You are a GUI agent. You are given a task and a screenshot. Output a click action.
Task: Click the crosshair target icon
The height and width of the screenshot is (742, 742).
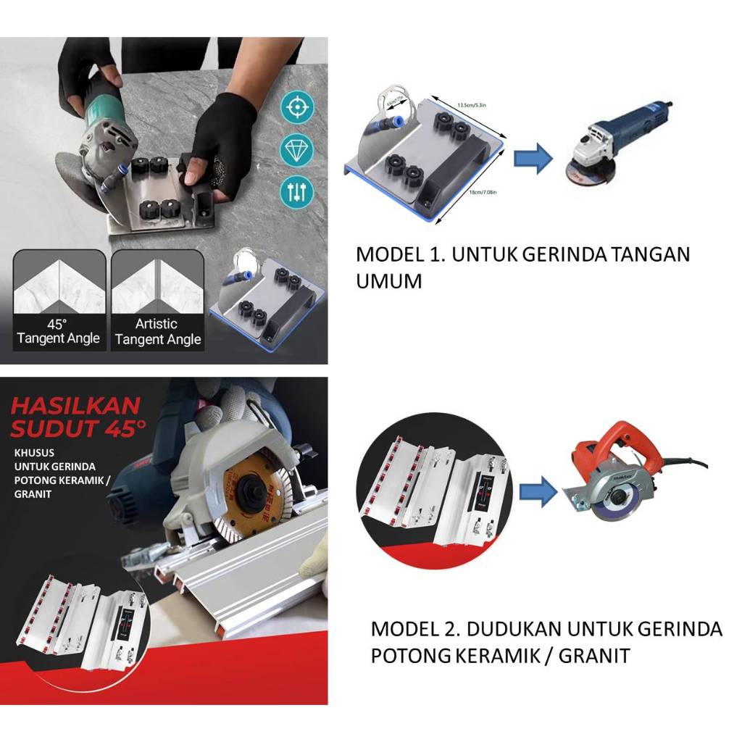click(297, 108)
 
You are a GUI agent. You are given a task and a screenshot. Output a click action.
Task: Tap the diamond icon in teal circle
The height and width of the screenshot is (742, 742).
click(297, 150)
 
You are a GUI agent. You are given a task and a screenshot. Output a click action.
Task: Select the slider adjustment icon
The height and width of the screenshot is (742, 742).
click(297, 191)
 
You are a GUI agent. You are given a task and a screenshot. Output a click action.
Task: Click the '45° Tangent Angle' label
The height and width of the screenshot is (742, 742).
click(58, 331)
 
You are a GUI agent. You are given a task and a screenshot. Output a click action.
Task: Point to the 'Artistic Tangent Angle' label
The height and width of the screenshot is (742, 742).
click(157, 331)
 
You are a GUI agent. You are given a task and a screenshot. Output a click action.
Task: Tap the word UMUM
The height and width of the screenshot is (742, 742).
click(388, 281)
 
